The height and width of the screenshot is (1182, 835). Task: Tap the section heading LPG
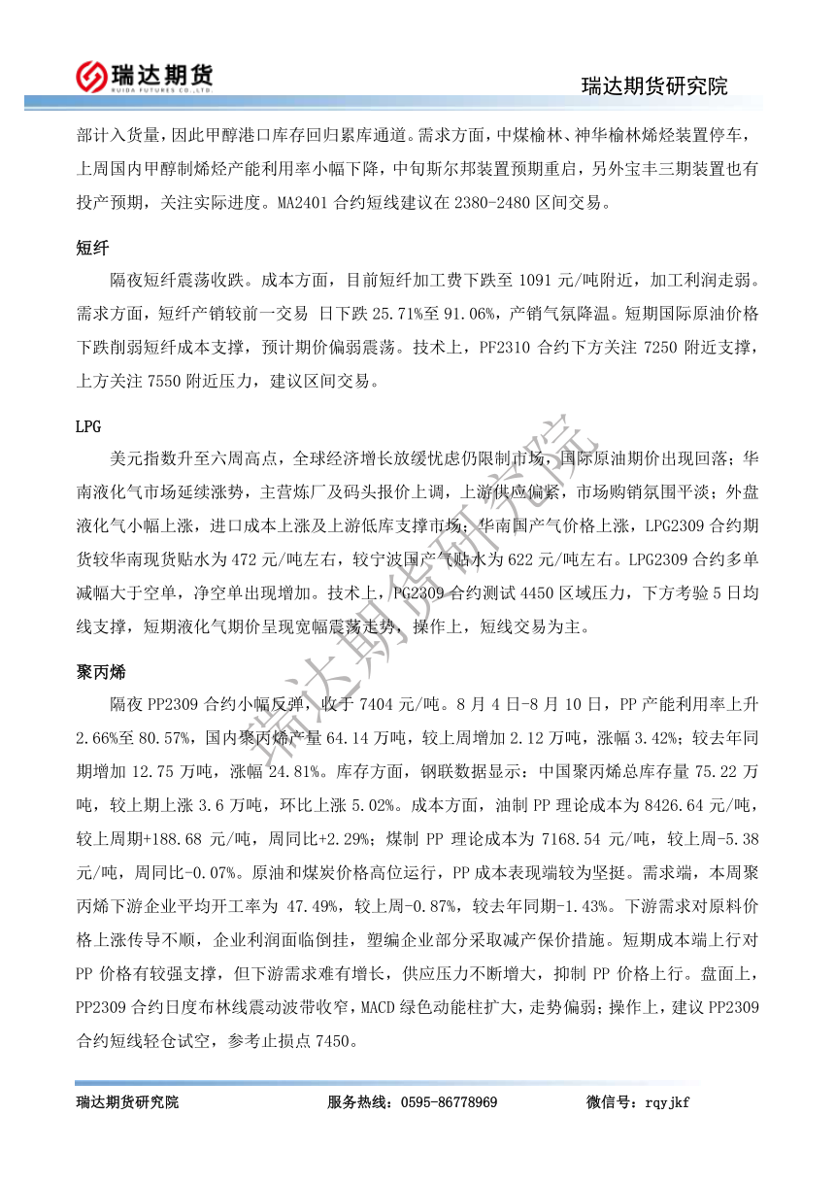click(x=88, y=426)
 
